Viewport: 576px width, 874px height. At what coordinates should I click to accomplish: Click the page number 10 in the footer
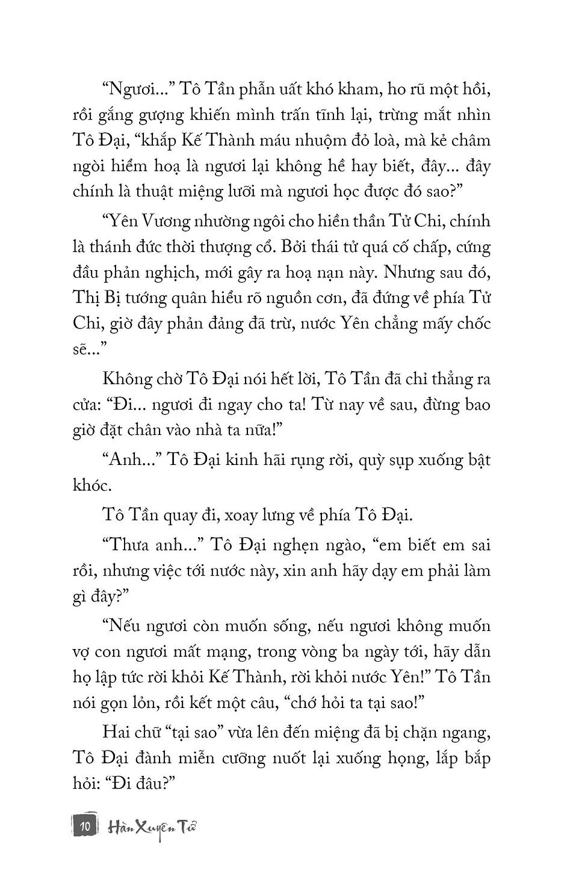[x=85, y=826]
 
